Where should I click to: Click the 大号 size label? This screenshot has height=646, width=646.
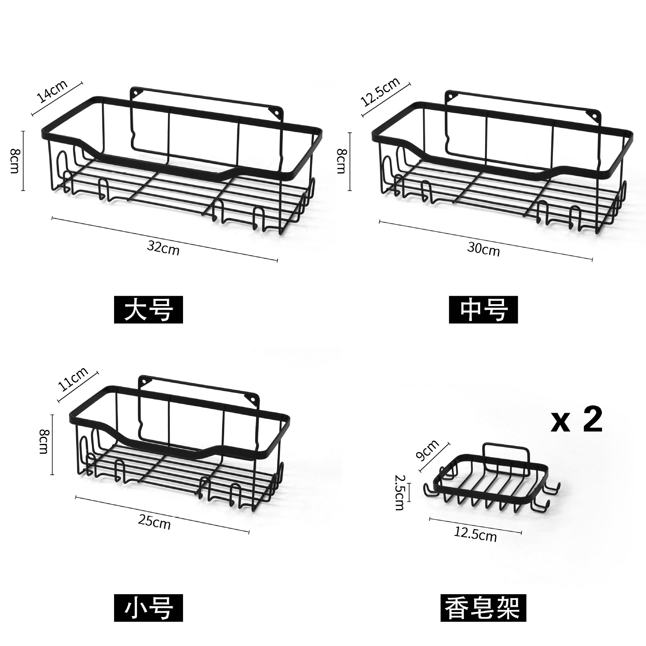tap(148, 310)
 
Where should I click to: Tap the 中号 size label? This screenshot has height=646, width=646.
tap(483, 310)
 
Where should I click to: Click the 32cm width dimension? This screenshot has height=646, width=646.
tap(163, 248)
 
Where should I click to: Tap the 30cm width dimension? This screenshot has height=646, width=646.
tap(483, 249)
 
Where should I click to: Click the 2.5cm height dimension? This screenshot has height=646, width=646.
tap(400, 492)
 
